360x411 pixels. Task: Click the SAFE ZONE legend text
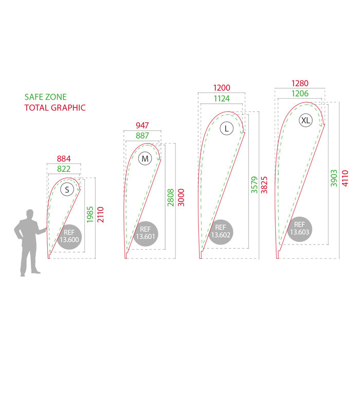[x=45, y=97]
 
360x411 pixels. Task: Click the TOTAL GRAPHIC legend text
[x=55, y=108]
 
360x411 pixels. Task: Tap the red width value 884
[x=64, y=159]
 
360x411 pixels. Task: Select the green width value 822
[x=64, y=169]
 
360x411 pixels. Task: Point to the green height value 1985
[x=90, y=215]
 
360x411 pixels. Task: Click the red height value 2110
[x=100, y=215]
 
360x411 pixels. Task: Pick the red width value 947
[x=142, y=125]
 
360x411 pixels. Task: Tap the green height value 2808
[x=171, y=198]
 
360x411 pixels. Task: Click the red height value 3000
[x=181, y=198]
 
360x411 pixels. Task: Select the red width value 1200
[x=222, y=87]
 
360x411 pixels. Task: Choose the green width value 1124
[x=222, y=99]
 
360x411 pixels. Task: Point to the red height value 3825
[x=264, y=185]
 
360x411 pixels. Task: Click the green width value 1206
[x=300, y=94]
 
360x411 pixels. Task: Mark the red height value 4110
[x=345, y=178]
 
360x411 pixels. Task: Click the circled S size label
[x=67, y=189]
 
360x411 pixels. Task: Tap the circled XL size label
[x=305, y=120]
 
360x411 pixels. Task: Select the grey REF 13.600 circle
[x=69, y=237]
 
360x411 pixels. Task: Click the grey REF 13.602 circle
[x=221, y=232]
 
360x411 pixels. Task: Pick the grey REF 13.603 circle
[x=299, y=229]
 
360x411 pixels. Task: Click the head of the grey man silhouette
[x=30, y=214]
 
